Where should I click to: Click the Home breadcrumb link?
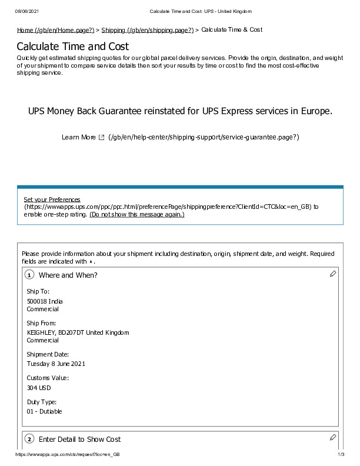point(55,30)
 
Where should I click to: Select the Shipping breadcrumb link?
point(147,30)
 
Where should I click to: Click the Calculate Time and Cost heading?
point(73,46)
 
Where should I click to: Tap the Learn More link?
point(78,137)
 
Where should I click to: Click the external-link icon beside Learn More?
point(101,137)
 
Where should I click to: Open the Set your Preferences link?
point(52,199)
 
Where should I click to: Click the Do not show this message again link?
point(136,215)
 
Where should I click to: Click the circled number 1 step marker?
point(29,275)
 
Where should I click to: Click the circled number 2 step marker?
point(29,440)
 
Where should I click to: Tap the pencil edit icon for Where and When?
point(332,274)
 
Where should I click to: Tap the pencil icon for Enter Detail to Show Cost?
point(332,437)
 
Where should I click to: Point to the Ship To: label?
point(38,291)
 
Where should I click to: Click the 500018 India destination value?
point(45,301)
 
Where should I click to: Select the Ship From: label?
point(41,323)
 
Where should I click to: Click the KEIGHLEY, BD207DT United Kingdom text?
point(78,332)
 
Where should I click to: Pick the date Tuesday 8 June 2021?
point(56,364)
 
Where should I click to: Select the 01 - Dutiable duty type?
point(44,411)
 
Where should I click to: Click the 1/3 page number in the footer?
point(341,455)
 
